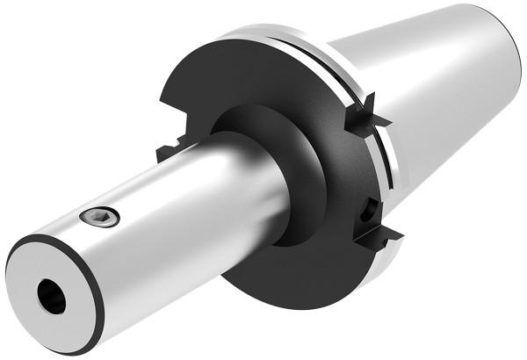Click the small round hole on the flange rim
click(370, 209)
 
